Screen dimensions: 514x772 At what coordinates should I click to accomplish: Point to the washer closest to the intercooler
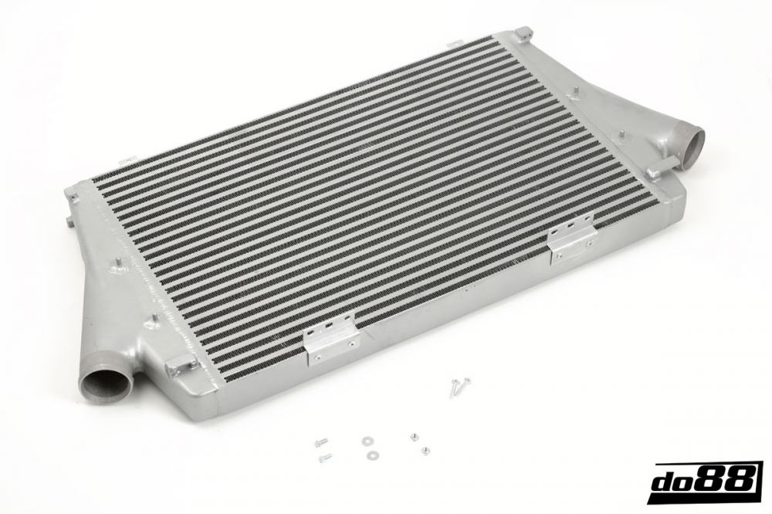365,442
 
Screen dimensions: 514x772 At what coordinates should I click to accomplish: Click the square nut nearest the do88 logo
425,450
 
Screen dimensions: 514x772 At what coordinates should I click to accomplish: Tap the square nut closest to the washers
414,437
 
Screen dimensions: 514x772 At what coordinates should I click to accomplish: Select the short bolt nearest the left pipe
320,442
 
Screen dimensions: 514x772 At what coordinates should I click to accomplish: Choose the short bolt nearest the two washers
325,458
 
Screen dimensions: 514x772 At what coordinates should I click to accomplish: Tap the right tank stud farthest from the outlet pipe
574,91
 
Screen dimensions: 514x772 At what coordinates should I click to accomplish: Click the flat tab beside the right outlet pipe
655,171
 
